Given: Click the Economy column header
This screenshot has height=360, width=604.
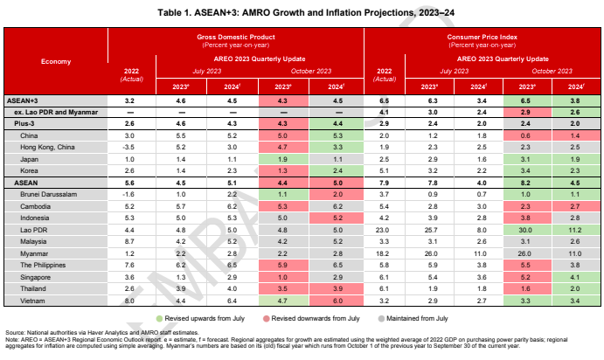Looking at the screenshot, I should pyautogui.click(x=56, y=60).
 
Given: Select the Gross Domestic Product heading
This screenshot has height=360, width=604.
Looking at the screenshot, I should pyautogui.click(x=235, y=38).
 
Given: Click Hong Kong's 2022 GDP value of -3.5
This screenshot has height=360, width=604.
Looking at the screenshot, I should pyautogui.click(x=128, y=148).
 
